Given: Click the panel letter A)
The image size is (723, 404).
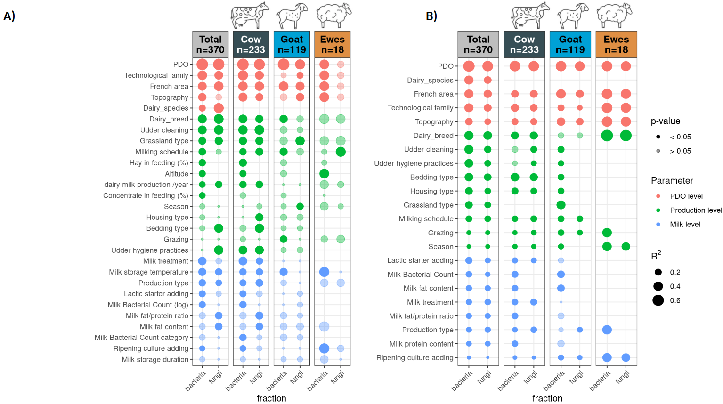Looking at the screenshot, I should (9, 16).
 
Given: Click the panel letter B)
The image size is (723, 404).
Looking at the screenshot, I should (431, 16).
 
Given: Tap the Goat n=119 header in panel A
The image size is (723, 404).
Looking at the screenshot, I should (292, 45).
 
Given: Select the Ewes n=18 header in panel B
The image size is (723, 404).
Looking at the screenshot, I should (616, 45).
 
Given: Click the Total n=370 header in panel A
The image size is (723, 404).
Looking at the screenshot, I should (210, 45).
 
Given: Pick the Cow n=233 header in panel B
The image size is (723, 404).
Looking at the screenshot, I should (524, 45).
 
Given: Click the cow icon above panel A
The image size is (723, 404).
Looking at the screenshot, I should (250, 16).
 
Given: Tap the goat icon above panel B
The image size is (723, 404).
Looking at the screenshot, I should (572, 16).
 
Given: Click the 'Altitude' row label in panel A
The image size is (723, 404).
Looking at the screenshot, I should (177, 174).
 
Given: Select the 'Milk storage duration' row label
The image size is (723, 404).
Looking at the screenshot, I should (155, 359).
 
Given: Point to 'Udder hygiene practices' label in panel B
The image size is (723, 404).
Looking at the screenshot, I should (414, 163).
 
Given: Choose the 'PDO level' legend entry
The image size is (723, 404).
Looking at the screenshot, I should (686, 196).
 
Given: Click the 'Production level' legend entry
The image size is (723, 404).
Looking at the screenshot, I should (696, 210).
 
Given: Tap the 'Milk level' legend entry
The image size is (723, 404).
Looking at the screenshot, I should (685, 225).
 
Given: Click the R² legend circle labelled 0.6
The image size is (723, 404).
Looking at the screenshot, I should (658, 300).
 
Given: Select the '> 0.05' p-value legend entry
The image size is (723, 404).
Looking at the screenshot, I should (680, 151).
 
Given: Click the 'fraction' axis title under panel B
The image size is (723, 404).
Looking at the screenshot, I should (547, 398).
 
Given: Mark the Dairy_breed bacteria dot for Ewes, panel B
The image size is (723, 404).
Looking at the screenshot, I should (607, 136).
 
